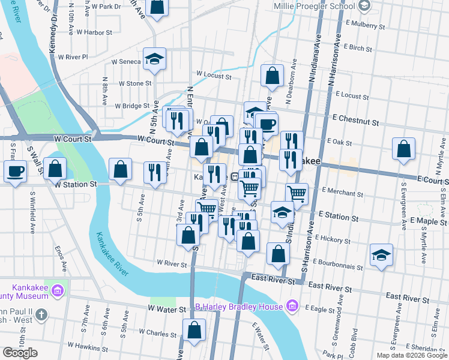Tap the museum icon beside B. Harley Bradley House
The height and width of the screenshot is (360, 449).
click(292, 307)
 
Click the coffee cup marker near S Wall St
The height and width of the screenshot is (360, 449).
click(15, 171)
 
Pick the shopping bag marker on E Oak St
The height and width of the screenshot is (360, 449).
click(404, 149)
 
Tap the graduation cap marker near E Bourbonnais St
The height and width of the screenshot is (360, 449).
click(381, 255)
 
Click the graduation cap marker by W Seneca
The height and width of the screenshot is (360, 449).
click(154, 59)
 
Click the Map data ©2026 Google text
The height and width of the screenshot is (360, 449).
click(412, 355)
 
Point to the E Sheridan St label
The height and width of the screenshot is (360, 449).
click(427, 348)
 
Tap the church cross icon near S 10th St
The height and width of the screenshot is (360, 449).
click(41, 314)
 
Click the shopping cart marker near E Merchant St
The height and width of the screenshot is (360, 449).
click(297, 194)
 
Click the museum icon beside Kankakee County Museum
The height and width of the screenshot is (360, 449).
click(58, 290)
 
